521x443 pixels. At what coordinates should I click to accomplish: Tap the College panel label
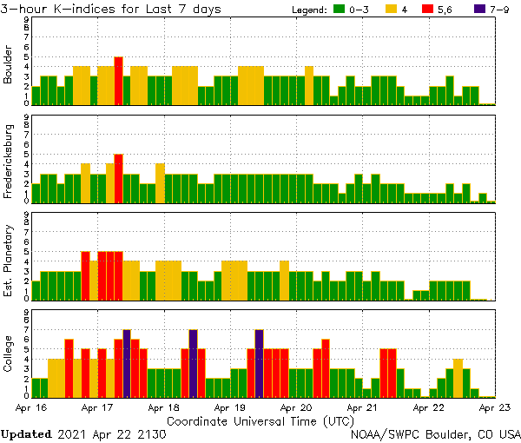(x=9, y=354)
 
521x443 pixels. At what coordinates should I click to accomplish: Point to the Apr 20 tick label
(x=296, y=407)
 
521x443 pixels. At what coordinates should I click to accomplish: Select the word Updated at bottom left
(x=29, y=433)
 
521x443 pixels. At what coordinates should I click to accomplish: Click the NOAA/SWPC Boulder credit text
(x=435, y=433)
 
